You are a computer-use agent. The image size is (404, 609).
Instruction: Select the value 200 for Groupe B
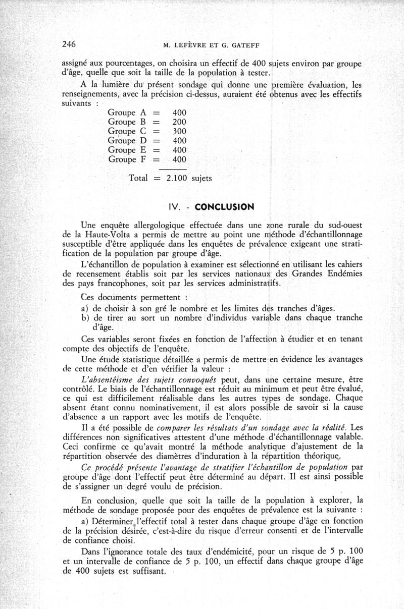coord(179,122)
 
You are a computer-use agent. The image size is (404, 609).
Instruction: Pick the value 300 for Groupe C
coord(179,131)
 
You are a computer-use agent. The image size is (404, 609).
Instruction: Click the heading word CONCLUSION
coord(224,207)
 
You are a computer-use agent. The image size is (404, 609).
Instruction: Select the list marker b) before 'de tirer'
coord(85,317)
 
